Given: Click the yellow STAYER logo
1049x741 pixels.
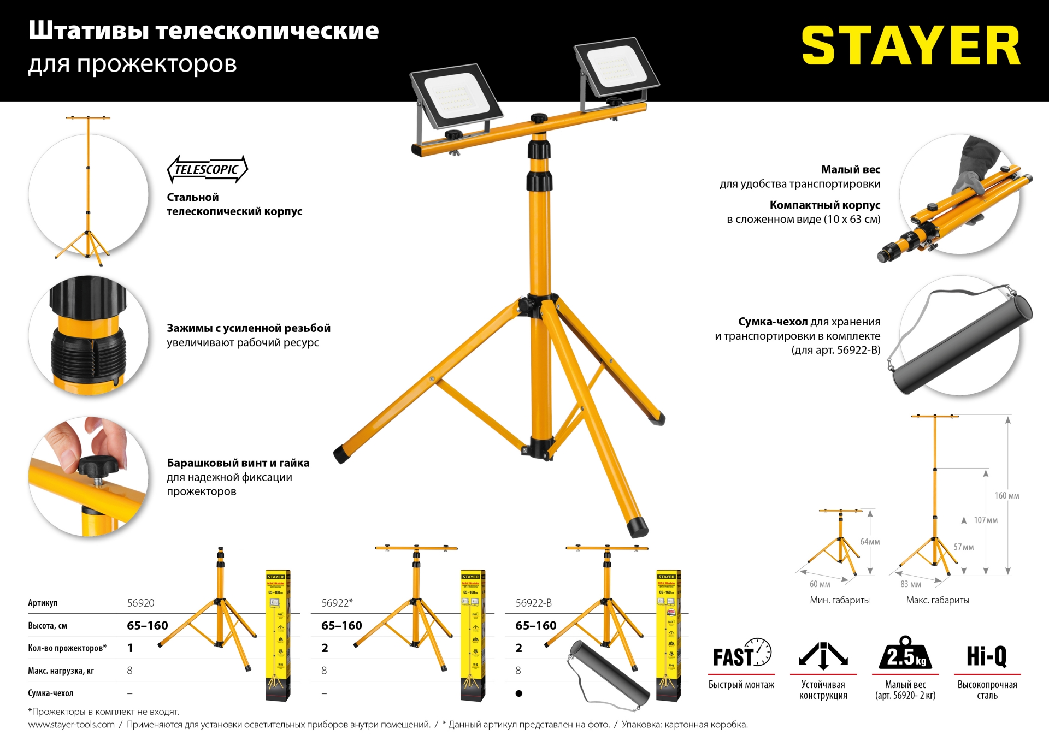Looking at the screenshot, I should [x=910, y=45].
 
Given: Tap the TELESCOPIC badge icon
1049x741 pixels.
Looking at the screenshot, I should [x=207, y=169].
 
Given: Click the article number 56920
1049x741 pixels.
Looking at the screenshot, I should [x=140, y=603].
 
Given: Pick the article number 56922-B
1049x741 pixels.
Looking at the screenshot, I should [x=533, y=603].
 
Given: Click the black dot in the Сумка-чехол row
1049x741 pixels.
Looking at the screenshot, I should [x=518, y=693].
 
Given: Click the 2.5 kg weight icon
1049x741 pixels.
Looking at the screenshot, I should [x=905, y=654].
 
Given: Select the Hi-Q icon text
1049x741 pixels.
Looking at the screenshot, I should [x=987, y=655].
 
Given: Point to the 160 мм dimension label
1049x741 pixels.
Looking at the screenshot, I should [x=1006, y=496].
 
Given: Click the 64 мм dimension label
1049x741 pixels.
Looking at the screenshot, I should [x=870, y=542].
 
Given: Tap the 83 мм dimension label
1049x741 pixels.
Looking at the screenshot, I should [x=910, y=584].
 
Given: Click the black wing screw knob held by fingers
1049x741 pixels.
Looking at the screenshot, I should [x=97, y=466].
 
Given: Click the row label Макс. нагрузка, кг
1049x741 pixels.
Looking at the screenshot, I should [x=61, y=671].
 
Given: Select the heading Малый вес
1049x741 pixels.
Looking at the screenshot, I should [x=850, y=170].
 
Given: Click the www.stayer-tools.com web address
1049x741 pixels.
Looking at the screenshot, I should [x=71, y=725].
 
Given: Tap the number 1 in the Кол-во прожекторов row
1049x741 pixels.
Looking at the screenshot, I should [x=130, y=648].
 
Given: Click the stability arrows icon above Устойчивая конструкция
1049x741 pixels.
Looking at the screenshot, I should [x=823, y=655].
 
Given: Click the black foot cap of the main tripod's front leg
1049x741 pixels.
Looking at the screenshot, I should [x=637, y=526].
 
